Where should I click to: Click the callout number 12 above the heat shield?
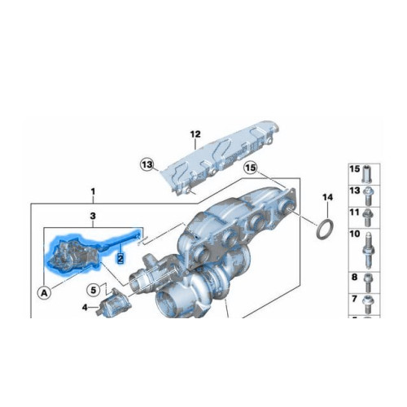pyautogui.click(x=195, y=134)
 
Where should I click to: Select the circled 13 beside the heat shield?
pyautogui.click(x=146, y=165)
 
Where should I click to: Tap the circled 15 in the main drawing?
pyautogui.click(x=251, y=168)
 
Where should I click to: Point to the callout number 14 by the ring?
pyautogui.click(x=327, y=198)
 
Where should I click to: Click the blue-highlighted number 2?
pyautogui.click(x=120, y=258)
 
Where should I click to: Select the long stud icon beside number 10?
pyautogui.click(x=368, y=247)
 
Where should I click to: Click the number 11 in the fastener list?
pyautogui.click(x=354, y=212)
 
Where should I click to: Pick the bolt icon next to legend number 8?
pyautogui.click(x=368, y=281)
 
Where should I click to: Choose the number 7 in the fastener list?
pyautogui.click(x=354, y=300)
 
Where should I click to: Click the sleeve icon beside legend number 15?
pyautogui.click(x=368, y=172)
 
